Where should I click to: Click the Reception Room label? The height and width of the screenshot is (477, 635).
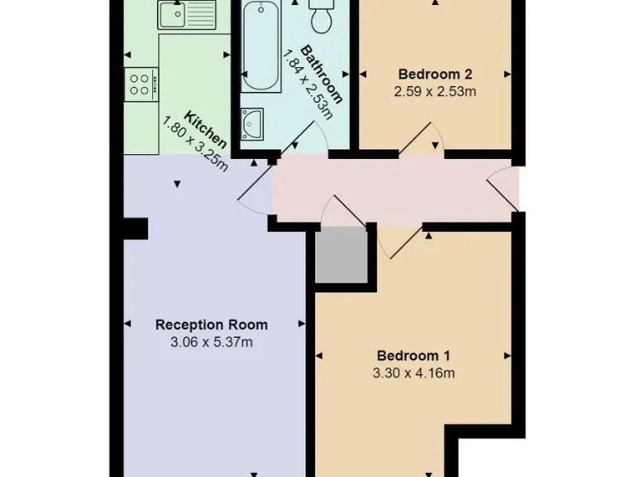[212, 325]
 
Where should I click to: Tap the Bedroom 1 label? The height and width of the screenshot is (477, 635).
[413, 356]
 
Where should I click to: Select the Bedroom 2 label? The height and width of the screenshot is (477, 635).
[435, 72]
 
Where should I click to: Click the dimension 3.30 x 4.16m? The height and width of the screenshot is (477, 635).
[413, 373]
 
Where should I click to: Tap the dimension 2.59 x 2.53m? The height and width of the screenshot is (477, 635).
[435, 91]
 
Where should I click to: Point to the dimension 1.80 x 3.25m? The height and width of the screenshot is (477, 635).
[195, 142]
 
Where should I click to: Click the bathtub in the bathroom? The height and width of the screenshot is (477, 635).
[262, 46]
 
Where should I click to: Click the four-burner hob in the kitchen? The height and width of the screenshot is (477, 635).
[140, 83]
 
